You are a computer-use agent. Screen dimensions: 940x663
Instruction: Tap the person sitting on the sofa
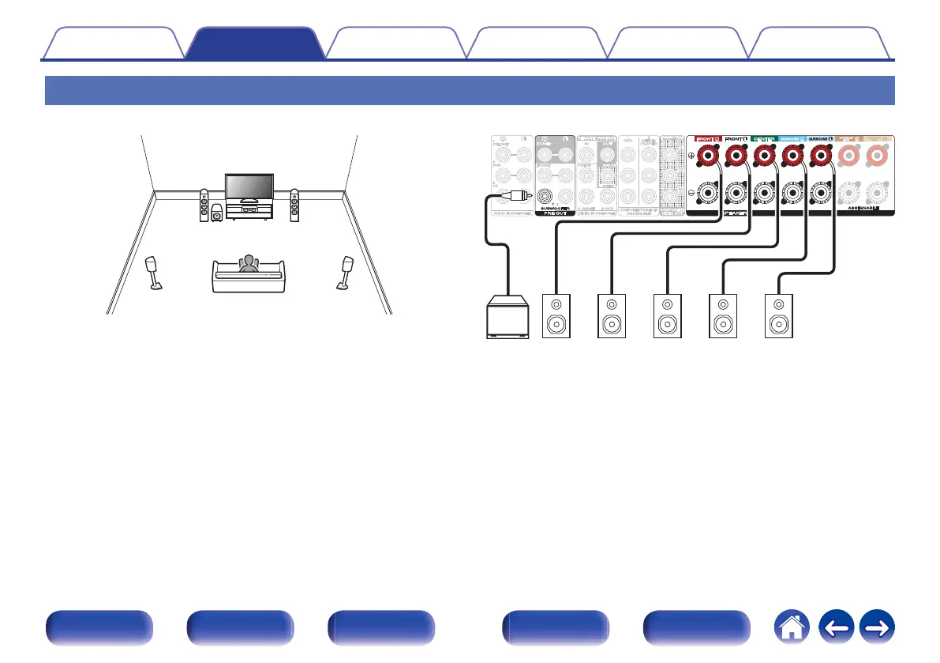click(x=249, y=264)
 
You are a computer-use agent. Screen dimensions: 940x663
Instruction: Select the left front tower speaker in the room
click(x=204, y=205)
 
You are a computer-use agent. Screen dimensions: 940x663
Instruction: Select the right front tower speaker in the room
click(x=294, y=205)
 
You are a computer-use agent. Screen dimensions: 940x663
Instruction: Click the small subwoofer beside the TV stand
click(x=217, y=213)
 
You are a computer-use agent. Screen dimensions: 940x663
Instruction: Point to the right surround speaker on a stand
click(x=345, y=273)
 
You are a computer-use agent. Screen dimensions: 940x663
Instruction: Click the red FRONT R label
click(x=708, y=137)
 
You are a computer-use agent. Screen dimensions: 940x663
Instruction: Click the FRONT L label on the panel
click(x=736, y=137)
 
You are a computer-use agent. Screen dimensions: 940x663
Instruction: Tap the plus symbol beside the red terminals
click(x=691, y=156)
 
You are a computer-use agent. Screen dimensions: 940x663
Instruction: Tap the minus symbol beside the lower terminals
click(x=691, y=192)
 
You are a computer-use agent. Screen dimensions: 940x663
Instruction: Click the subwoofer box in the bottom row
click(x=509, y=317)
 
